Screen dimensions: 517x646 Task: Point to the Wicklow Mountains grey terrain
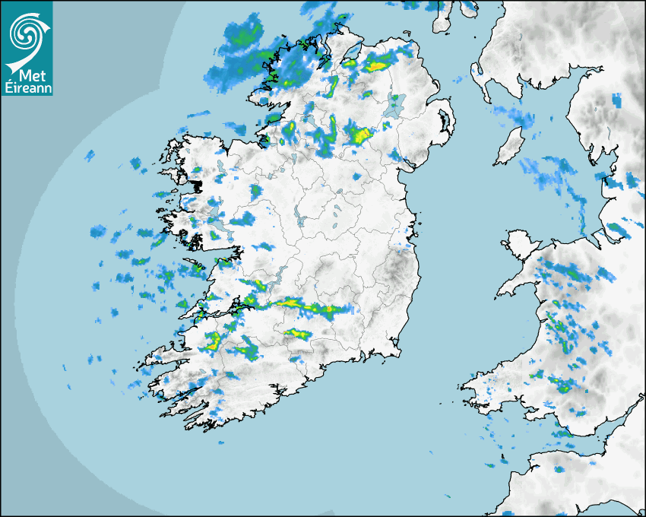tap(400, 270)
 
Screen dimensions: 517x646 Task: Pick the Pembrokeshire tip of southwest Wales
tap(475, 388)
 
